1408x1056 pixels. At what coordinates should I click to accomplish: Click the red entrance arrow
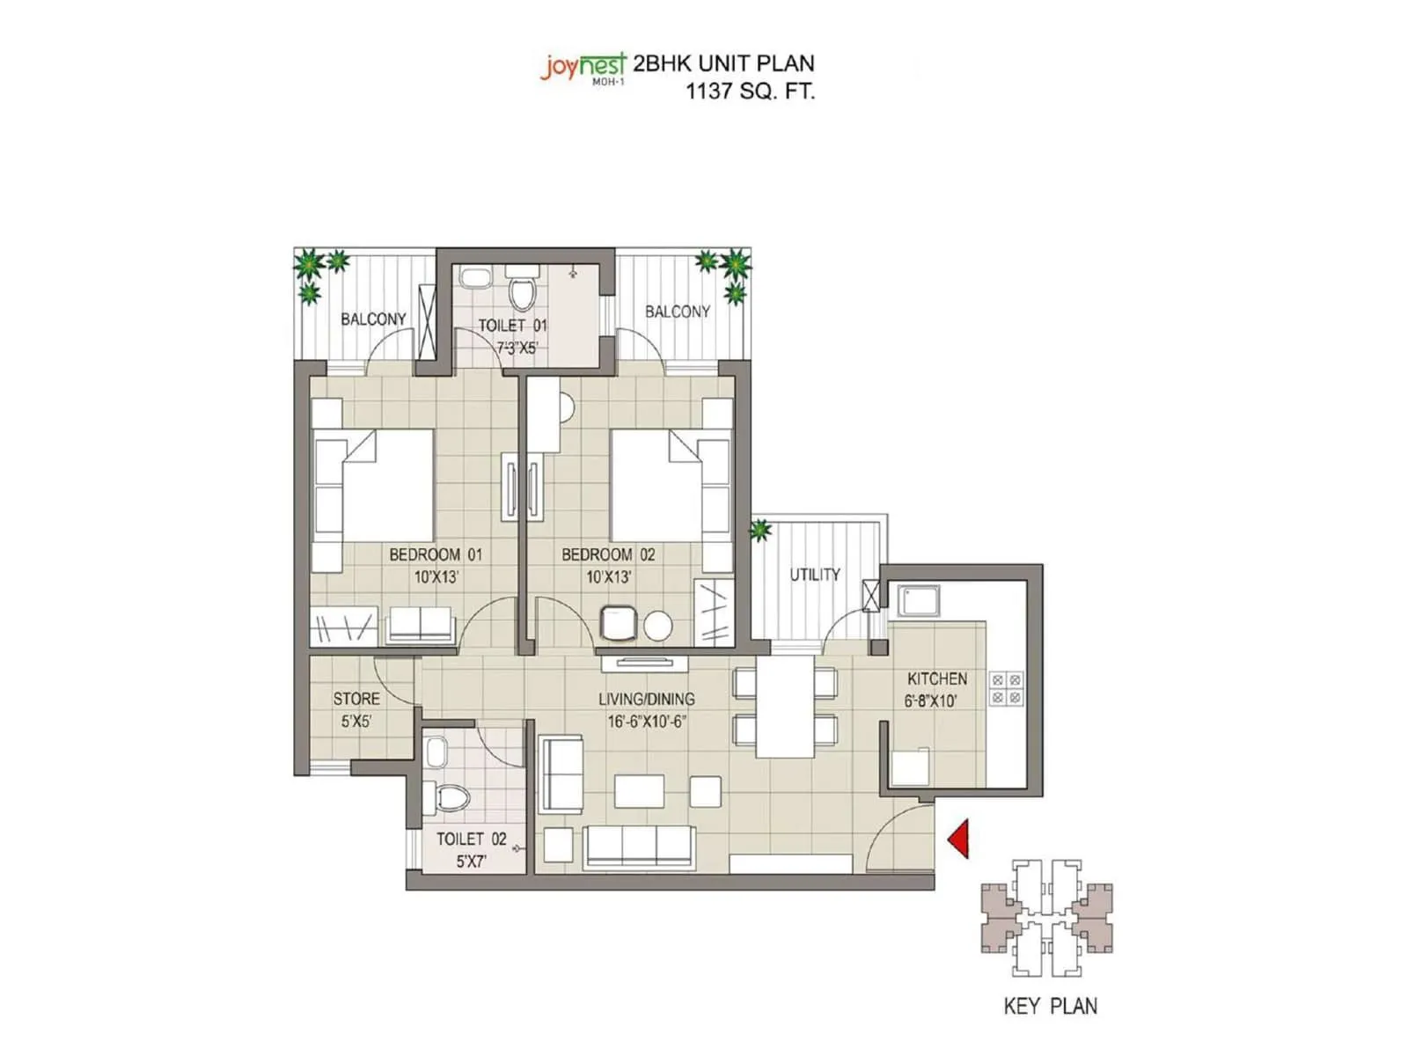coord(960,839)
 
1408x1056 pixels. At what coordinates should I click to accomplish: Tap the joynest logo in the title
coord(583,67)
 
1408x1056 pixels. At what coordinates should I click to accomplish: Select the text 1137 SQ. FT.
coord(750,91)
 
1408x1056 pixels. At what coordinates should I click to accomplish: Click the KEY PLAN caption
coord(1050,1006)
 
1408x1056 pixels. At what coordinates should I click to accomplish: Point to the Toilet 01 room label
coord(512,326)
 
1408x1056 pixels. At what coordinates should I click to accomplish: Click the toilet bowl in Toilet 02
coord(452,798)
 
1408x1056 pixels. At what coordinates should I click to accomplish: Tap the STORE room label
coord(356,699)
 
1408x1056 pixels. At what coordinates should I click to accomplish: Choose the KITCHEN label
coord(936,678)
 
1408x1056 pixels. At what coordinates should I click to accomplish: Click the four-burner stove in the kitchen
coord(1006,688)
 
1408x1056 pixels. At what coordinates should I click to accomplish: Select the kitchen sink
coord(919,601)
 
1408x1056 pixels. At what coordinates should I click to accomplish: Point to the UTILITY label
coord(814,575)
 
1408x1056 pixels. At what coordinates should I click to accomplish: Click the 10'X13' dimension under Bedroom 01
coord(436,577)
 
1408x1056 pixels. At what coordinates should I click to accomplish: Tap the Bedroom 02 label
coord(608,554)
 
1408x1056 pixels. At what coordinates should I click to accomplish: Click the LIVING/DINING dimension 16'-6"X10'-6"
coord(647,722)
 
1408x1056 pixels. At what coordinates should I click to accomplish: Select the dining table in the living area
coord(785,707)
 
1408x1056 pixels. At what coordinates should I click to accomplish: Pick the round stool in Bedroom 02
coord(657,625)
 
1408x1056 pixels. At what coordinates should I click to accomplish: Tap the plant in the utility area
coord(760,530)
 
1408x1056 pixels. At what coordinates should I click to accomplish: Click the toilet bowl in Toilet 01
coord(523,293)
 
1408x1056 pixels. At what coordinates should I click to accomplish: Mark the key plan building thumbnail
coord(1047,918)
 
